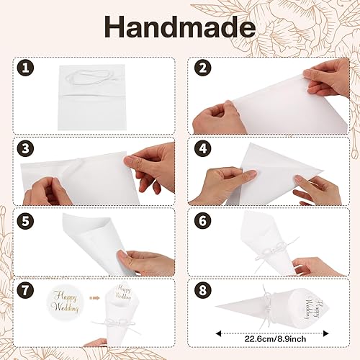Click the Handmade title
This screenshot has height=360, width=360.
pyautogui.click(x=180, y=27)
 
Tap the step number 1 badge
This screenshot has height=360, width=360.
pyautogui.click(x=25, y=68)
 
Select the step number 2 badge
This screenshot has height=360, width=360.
pyautogui.click(x=203, y=68)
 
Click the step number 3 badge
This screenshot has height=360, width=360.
pyautogui.click(x=25, y=148)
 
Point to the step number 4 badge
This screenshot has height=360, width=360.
pyautogui.click(x=203, y=148)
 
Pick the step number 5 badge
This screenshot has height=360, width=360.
pyautogui.click(x=25, y=220)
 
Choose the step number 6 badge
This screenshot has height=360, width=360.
pyautogui.click(x=203, y=220)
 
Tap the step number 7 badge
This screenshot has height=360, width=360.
pyautogui.click(x=25, y=290)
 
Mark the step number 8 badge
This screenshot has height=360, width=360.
pyautogui.click(x=203, y=290)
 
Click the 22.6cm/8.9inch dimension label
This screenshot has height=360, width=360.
pyautogui.click(x=275, y=339)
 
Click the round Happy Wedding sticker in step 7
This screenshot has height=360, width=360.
pyautogui.click(x=65, y=302)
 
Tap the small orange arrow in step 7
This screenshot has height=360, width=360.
pyautogui.click(x=94, y=298)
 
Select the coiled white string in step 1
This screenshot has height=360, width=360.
pyautogui.click(x=89, y=77)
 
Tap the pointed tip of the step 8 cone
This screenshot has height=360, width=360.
pyautogui.click(x=216, y=307)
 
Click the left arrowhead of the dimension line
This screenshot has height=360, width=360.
pyautogui.click(x=218, y=333)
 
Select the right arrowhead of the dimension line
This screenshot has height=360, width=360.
pyautogui.click(x=326, y=333)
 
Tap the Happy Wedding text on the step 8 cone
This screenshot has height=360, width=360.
pyautogui.click(x=312, y=309)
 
